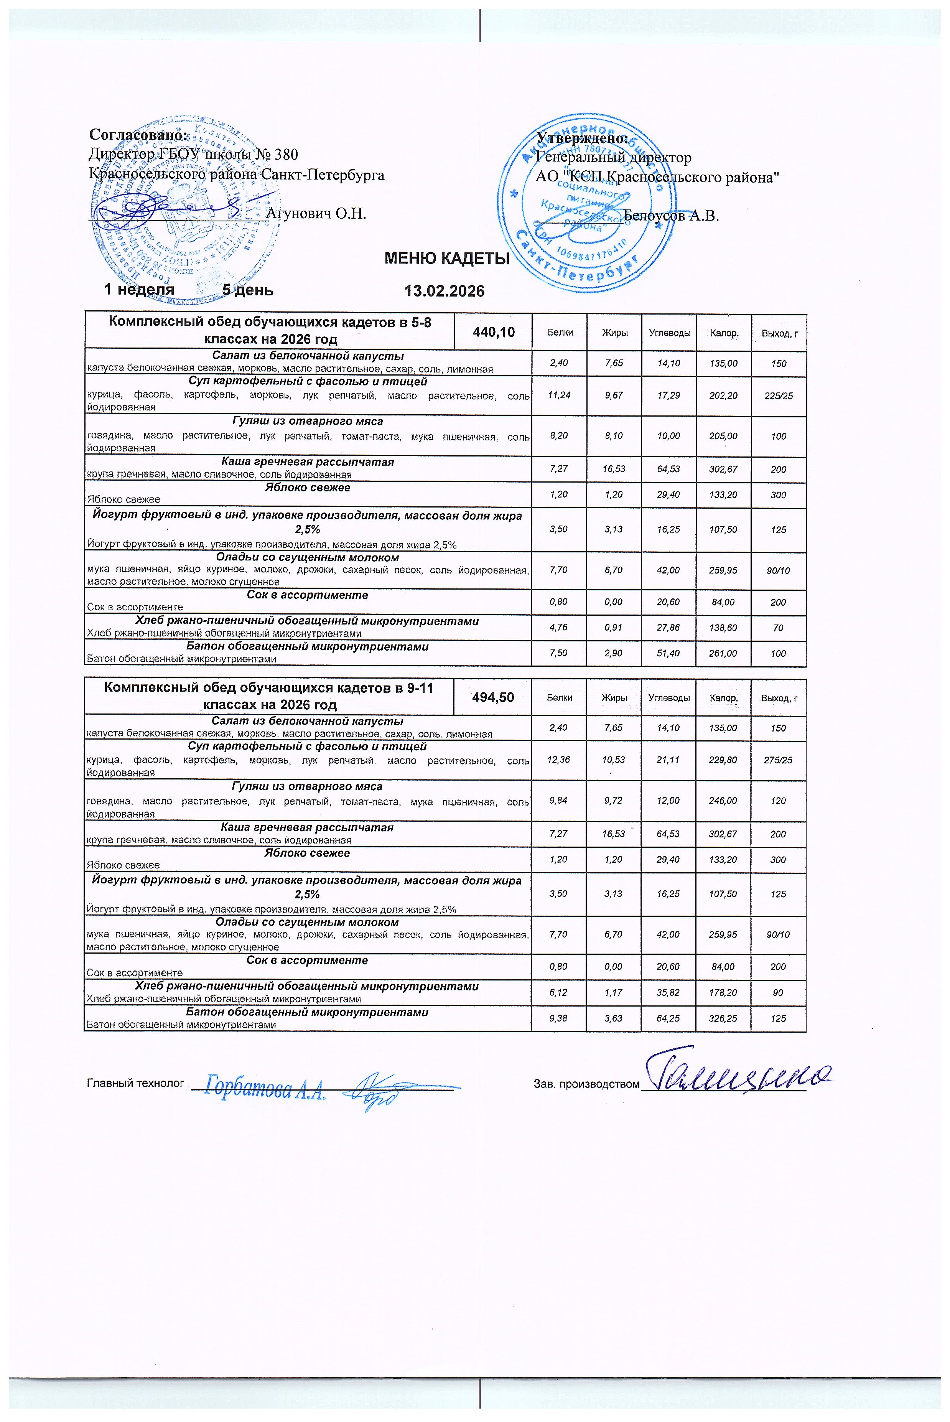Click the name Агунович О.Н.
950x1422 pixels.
(316, 214)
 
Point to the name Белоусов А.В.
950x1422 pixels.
(671, 216)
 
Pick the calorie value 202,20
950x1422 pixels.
(723, 395)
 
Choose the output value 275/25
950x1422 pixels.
(779, 760)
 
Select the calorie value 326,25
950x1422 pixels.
(723, 1018)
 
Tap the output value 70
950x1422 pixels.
(779, 628)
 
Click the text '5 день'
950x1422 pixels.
(247, 290)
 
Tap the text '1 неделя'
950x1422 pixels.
(139, 290)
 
